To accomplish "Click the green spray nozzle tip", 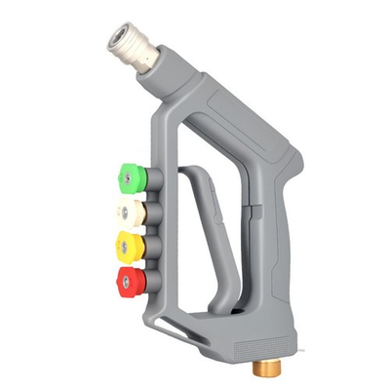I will click(x=130, y=175).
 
